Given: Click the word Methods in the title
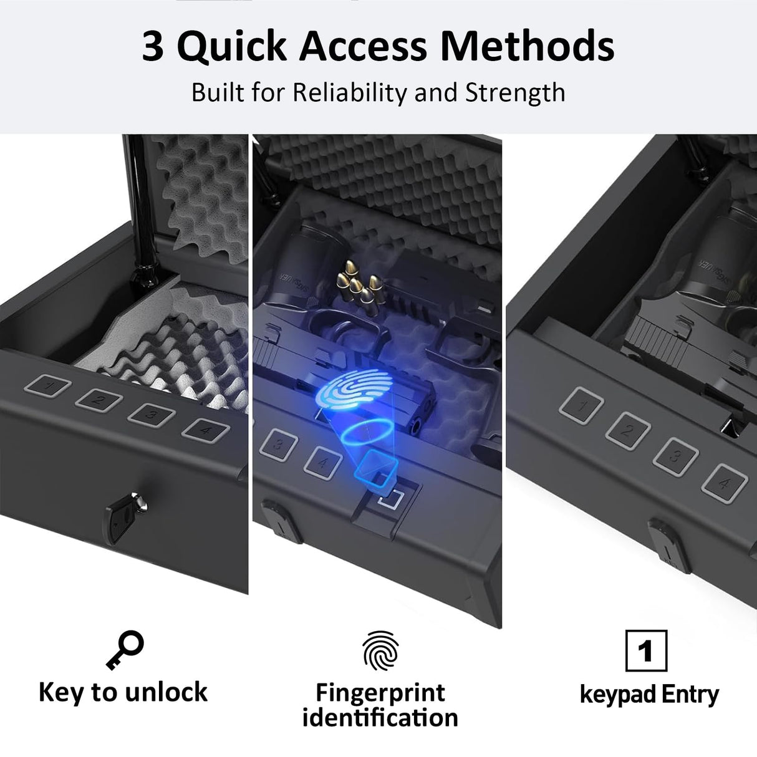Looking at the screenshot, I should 527,46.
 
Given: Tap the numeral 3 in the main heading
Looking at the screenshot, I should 153,47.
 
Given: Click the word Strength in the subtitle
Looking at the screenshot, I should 515,93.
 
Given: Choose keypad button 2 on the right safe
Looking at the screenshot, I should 628,430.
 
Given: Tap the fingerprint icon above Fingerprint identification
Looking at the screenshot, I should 380,651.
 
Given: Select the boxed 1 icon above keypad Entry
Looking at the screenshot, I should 646,651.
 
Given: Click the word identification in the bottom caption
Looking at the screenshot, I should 380,718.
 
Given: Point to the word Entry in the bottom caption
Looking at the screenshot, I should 690,694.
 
